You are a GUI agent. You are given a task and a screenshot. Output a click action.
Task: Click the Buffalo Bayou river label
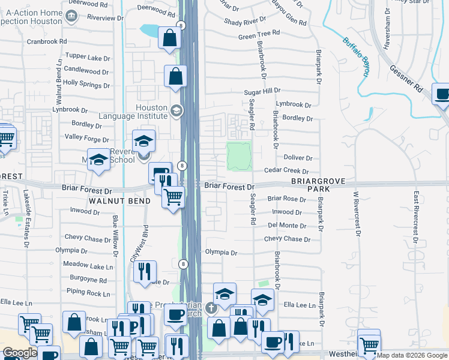tap(355, 58)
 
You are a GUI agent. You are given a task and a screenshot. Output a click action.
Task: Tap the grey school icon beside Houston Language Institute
tap(176, 110)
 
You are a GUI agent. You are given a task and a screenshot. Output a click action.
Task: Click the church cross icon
tap(210, 308)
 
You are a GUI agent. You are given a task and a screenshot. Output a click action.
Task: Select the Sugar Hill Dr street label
tap(262, 91)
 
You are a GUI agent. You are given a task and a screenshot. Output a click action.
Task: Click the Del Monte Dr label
tap(288, 225)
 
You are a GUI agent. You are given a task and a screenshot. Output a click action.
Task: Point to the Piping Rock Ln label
tap(88, 294)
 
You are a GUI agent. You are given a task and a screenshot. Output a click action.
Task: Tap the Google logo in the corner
tap(20, 353)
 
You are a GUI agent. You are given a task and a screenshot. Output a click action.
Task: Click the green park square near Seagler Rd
tap(239, 155)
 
